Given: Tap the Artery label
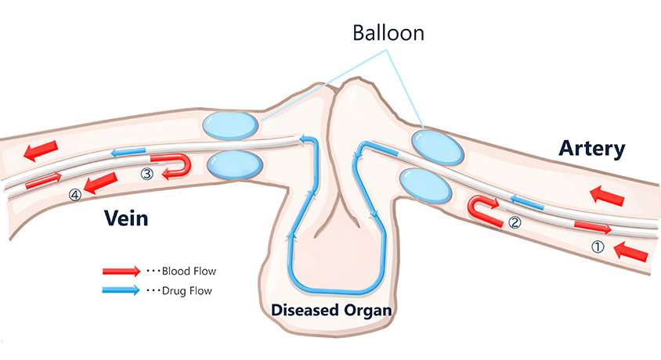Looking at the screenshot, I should [x=592, y=149].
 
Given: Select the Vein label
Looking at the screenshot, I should [x=126, y=218].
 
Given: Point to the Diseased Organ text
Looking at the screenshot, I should [x=330, y=310].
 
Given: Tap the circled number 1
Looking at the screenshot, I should [x=598, y=247].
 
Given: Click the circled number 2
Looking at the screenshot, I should [x=515, y=221].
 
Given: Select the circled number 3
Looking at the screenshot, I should [x=146, y=175].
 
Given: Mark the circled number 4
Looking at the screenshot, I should [x=75, y=196].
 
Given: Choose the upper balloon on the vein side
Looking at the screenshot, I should [x=231, y=125].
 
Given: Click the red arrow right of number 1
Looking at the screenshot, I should [x=632, y=252].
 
